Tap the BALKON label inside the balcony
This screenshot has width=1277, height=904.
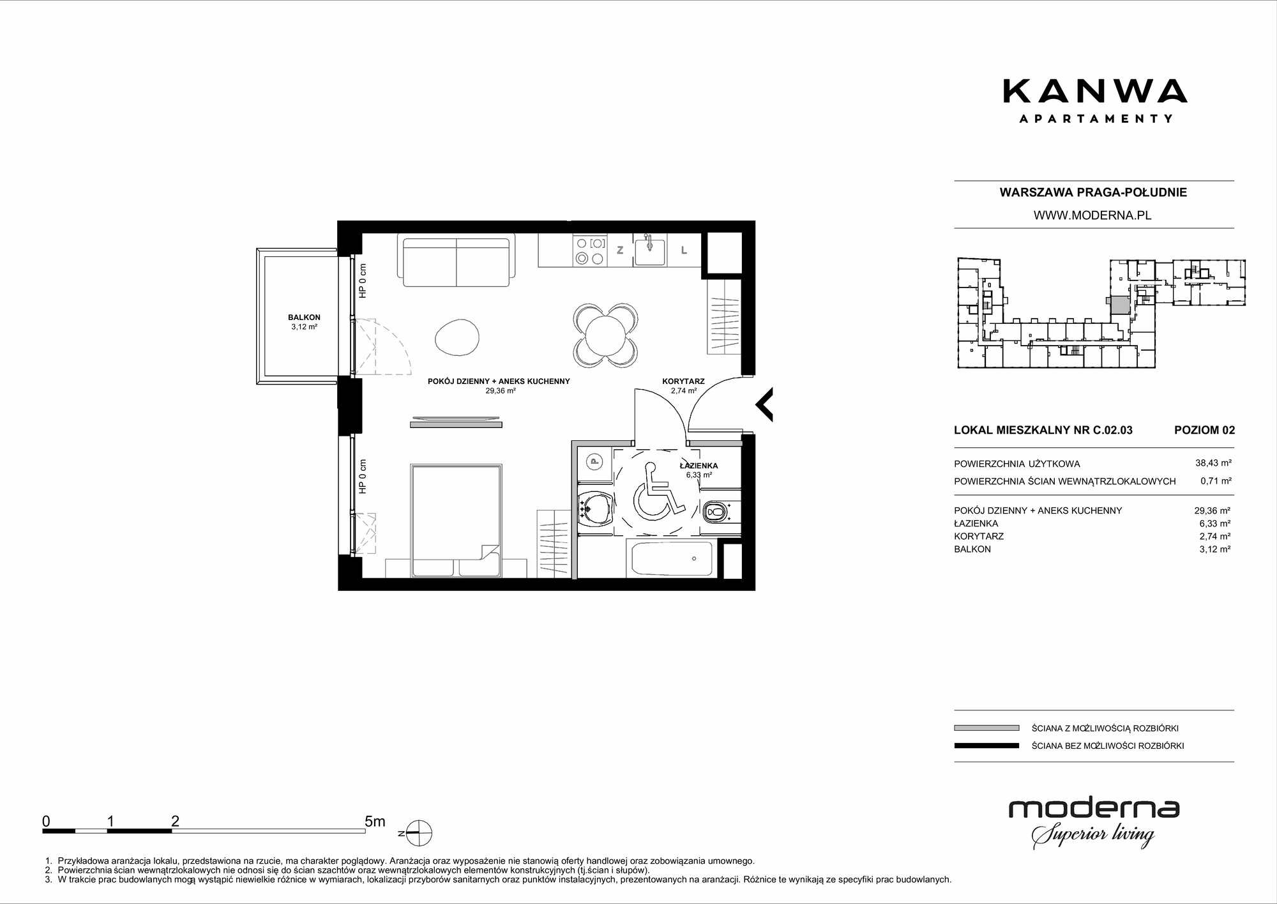304,318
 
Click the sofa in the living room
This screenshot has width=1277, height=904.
457,260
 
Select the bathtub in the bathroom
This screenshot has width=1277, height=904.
672,558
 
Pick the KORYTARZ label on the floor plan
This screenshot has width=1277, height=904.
683,381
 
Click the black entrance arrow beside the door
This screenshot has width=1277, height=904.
764,404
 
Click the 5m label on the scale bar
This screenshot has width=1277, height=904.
375,821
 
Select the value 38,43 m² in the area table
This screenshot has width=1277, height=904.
1213,464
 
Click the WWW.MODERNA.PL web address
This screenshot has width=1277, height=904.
1092,215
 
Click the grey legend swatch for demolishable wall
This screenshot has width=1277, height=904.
986,728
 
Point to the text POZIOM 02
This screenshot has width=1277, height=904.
1204,430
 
